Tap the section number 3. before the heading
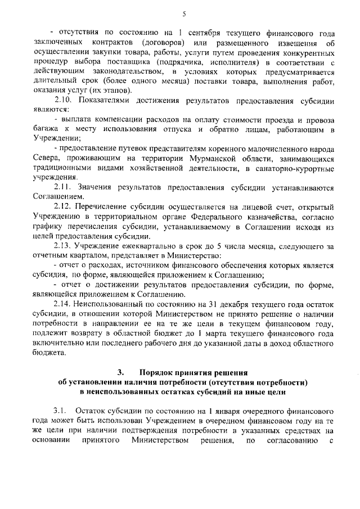[x=120, y=372]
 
